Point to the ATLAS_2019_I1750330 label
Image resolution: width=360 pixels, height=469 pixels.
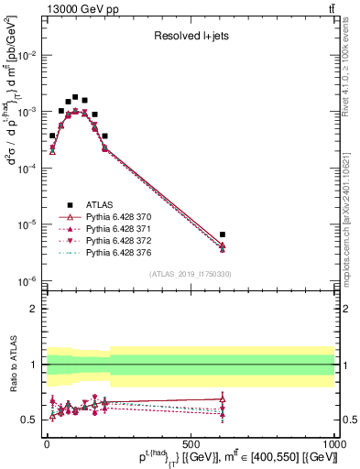tap(190, 274)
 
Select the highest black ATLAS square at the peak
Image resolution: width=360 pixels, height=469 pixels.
tap(75, 96)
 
